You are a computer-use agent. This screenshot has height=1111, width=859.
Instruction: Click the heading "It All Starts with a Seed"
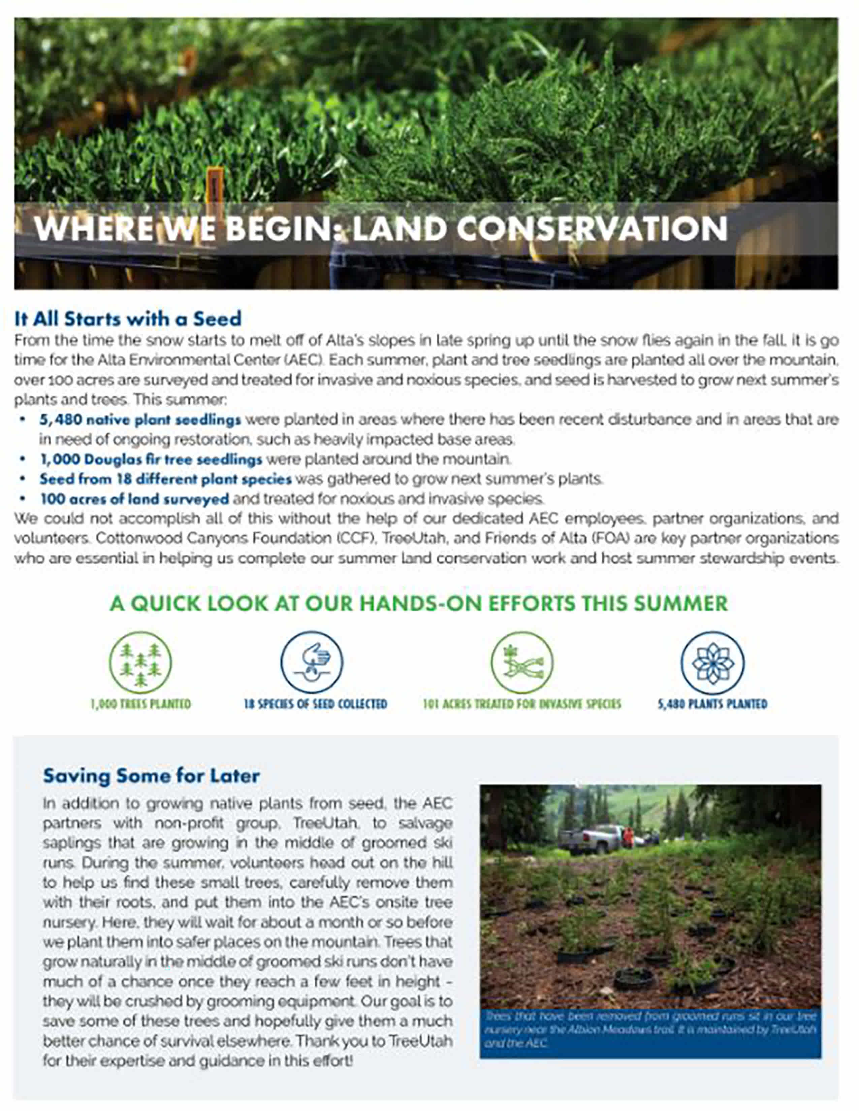[128, 319]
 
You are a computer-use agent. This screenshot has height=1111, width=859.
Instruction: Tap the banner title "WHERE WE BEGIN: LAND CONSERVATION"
[381, 228]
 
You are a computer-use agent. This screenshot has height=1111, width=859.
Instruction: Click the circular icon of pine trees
[140, 662]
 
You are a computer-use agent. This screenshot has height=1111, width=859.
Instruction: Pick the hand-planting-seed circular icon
[312, 662]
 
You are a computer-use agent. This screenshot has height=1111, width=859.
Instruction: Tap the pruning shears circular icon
[522, 662]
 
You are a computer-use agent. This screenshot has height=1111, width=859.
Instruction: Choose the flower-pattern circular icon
[712, 662]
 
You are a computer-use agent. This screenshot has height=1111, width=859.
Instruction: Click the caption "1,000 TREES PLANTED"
[140, 704]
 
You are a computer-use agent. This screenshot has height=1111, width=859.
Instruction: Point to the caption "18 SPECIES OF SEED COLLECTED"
[316, 704]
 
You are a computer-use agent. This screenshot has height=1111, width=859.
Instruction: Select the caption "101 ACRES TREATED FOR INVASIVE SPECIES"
[522, 704]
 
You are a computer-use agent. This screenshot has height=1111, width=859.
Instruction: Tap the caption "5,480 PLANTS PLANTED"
[712, 704]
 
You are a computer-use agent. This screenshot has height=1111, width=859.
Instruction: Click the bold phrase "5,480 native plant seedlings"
[140, 420]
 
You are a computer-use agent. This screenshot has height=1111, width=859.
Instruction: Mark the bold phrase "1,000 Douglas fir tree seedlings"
[151, 459]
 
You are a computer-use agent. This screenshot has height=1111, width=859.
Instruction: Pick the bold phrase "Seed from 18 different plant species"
[166, 479]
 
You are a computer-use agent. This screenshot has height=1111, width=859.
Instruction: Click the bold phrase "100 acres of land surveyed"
[134, 499]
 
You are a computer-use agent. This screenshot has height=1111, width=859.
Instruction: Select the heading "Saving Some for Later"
[151, 776]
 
